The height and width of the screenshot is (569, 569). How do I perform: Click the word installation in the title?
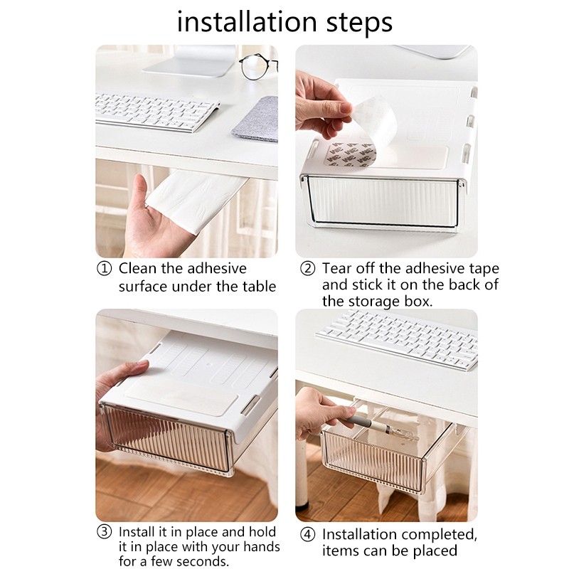coord(247,22)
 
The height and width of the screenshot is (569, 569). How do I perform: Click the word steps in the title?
coord(360,23)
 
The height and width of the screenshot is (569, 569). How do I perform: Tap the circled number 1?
coord(104,269)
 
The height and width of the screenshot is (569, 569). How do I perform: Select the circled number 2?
coord(308,269)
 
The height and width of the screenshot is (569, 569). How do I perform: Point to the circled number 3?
coord(104,532)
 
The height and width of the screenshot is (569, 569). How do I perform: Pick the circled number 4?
coord(308,535)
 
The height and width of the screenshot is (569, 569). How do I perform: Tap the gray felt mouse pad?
coord(256,119)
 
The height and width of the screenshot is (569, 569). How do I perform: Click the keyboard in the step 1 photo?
coord(156,112)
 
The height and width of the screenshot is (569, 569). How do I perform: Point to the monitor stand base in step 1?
coord(188,68)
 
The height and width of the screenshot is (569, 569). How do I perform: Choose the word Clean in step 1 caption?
coord(137,269)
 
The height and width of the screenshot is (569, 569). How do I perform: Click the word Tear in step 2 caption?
coord(336,269)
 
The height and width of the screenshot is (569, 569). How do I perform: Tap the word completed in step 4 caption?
coord(439,535)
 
